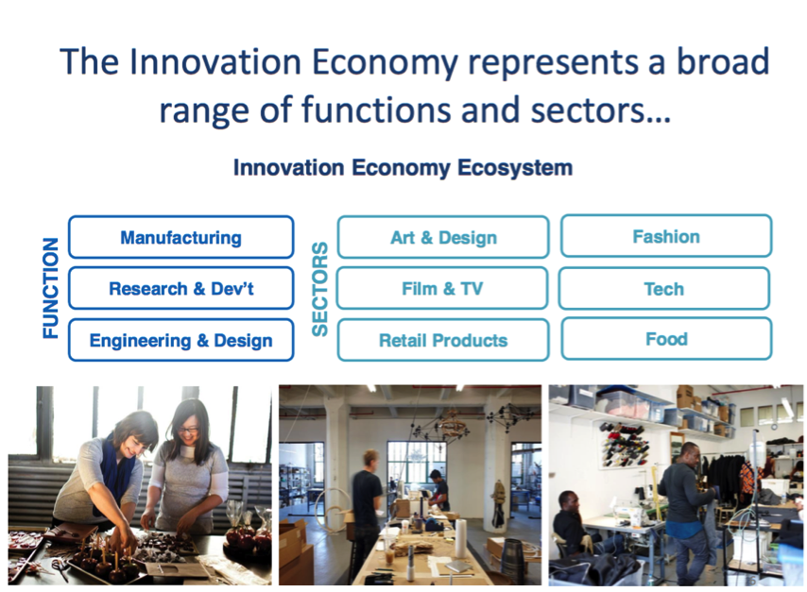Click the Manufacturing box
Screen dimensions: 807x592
(x=181, y=237)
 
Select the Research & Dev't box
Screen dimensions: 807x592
(x=181, y=288)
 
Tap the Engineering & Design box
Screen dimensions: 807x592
(x=181, y=340)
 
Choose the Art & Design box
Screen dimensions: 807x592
(x=443, y=237)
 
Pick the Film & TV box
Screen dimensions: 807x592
(x=442, y=288)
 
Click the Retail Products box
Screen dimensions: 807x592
(x=443, y=340)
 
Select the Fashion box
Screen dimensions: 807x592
(x=666, y=236)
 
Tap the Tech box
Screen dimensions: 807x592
(x=664, y=288)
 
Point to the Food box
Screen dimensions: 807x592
(x=666, y=338)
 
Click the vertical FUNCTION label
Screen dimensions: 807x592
(x=50, y=288)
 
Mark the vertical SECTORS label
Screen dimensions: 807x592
(x=319, y=289)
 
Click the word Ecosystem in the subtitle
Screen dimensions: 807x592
(x=515, y=168)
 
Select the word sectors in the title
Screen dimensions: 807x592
(x=587, y=110)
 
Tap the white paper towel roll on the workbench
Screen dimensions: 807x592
(x=460, y=538)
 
